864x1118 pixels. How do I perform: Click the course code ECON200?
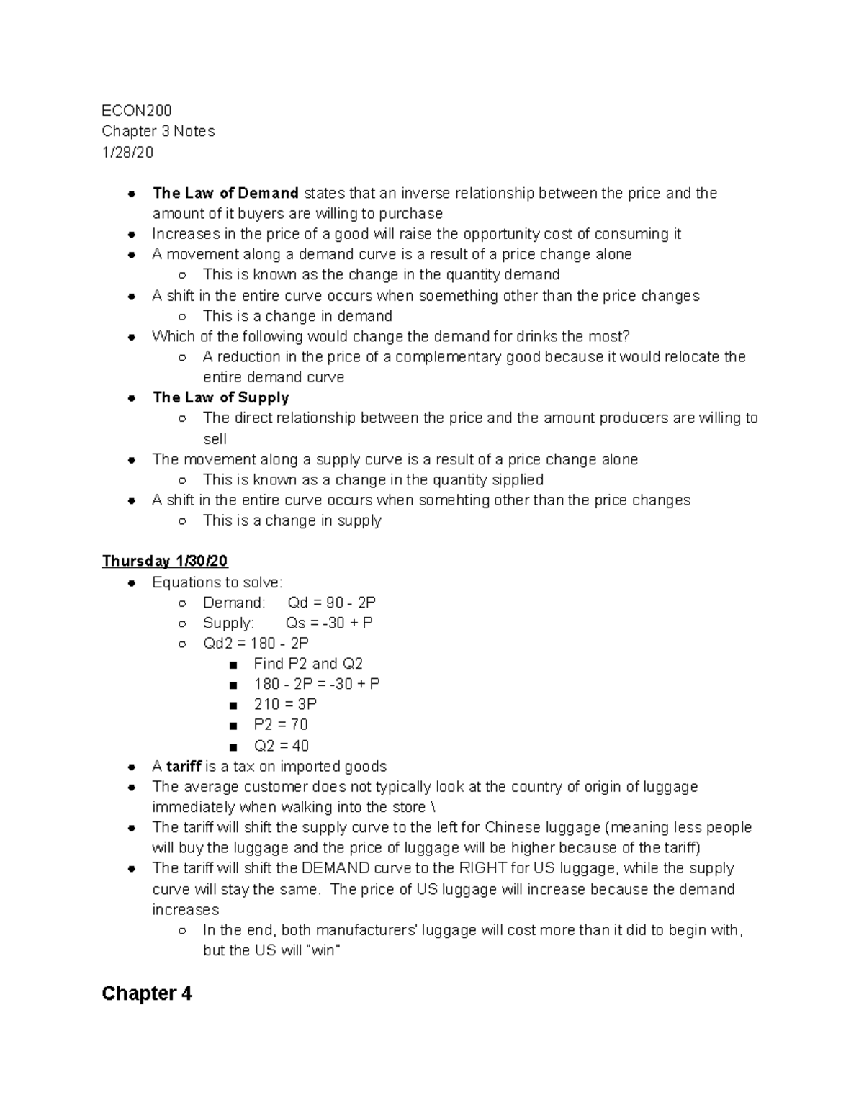coord(137,110)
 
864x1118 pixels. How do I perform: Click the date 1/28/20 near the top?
coord(127,152)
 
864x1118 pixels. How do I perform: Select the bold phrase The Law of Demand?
coord(225,193)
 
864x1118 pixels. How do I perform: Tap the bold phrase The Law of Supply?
coord(220,397)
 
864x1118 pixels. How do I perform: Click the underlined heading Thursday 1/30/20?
coord(165,561)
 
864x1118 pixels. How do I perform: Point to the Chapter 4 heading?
coord(147,993)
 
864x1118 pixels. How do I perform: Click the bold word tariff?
coord(184,766)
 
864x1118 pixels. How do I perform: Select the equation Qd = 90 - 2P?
coord(331,603)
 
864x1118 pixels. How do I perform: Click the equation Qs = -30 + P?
coord(329,623)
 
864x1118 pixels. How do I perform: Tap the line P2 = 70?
coord(281,724)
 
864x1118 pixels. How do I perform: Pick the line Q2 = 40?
coord(281,745)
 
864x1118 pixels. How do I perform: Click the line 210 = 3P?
coord(285,704)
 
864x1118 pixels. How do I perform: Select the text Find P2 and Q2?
coord(308,664)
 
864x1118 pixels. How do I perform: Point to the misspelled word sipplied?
coord(517,479)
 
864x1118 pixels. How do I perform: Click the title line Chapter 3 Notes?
coord(158,131)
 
